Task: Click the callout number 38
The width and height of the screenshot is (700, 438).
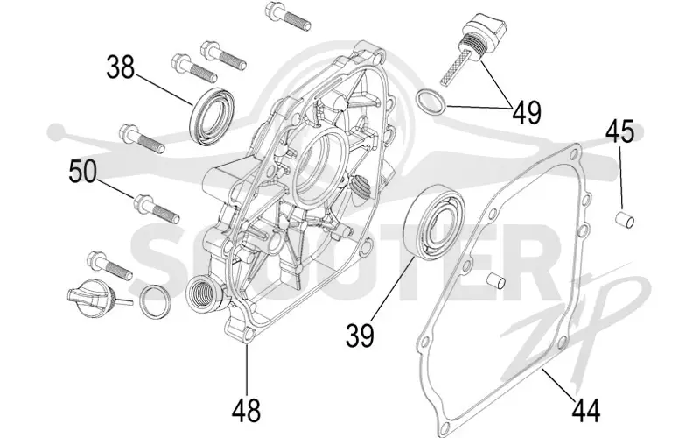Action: (x=121, y=68)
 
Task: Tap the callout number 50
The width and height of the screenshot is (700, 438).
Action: (x=83, y=172)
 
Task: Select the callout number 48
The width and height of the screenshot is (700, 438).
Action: (x=246, y=411)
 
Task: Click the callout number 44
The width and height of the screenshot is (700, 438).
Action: (x=586, y=411)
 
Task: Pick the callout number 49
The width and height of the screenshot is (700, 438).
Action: (x=527, y=112)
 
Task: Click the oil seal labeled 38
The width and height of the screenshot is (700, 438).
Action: (x=212, y=117)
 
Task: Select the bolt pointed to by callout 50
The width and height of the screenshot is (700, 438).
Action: (x=157, y=208)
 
